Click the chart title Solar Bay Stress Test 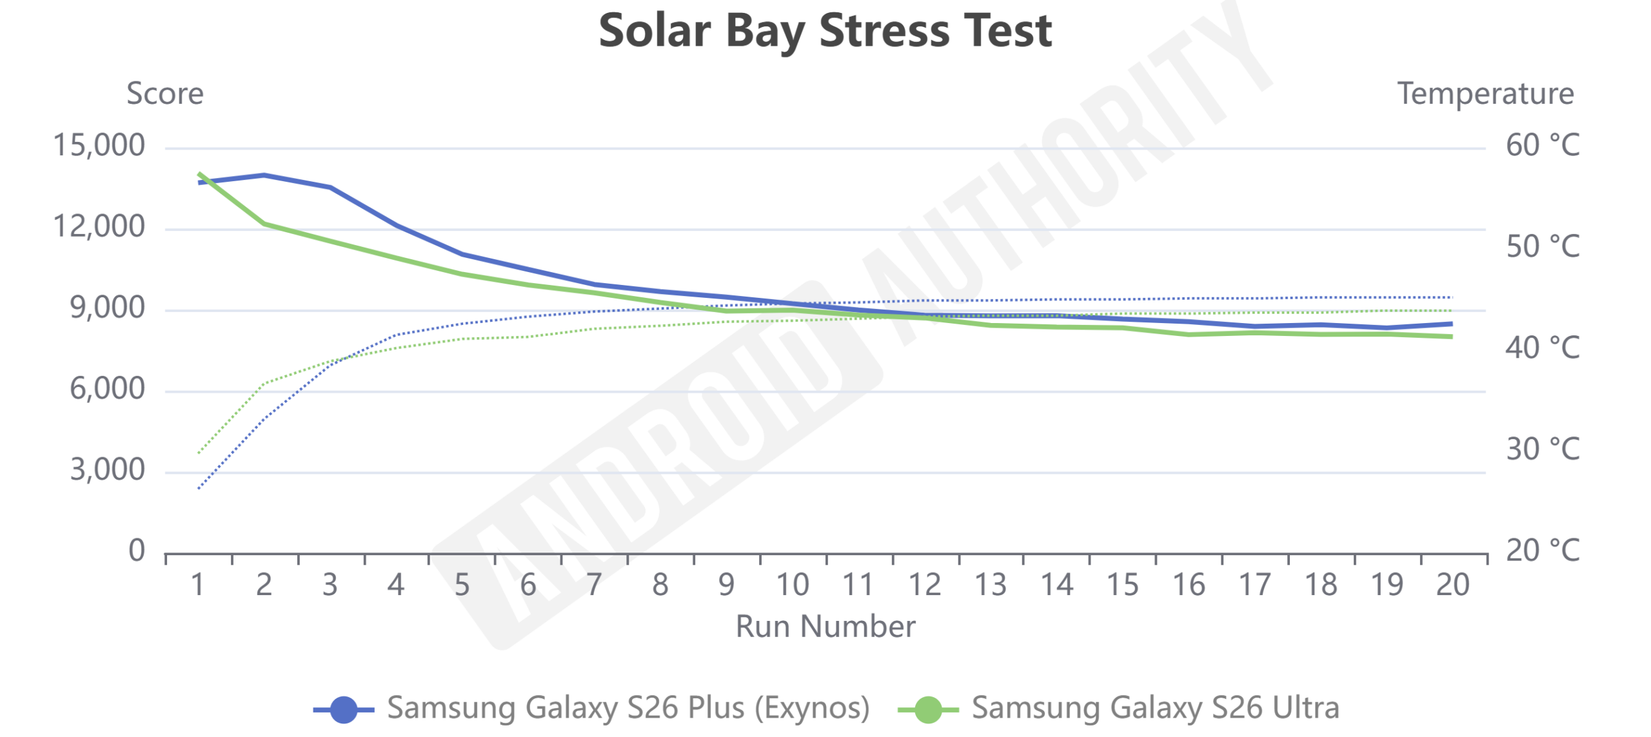pos(825,31)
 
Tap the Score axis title pos(165,94)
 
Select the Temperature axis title pos(1485,94)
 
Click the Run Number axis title pos(825,626)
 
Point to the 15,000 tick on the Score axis pos(99,146)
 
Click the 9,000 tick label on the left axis pos(107,308)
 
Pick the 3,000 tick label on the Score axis pos(107,470)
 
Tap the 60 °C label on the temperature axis pos(1543,146)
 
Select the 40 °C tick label pos(1543,348)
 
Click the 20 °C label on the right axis pos(1543,551)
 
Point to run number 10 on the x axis pos(793,585)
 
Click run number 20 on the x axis pos(1452,585)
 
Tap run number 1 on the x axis pos(198,585)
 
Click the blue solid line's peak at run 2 pos(264,175)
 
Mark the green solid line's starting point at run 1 pos(199,173)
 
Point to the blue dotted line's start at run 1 pos(199,488)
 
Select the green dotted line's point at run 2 pos(264,384)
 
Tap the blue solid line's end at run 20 pos(1451,324)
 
